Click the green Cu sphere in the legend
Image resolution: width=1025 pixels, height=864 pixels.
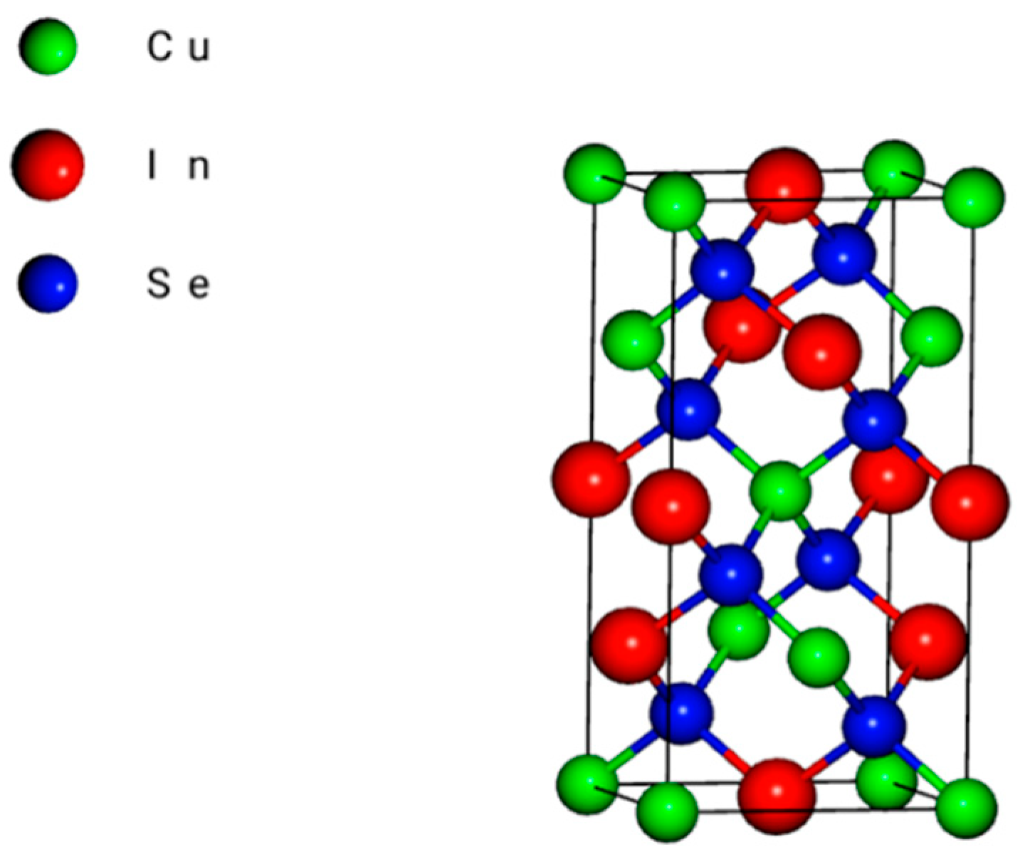click(x=48, y=47)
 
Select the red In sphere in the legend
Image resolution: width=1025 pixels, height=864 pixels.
click(x=48, y=165)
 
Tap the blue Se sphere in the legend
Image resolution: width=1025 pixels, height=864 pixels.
click(x=48, y=284)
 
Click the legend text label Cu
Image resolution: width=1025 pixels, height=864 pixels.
click(x=178, y=48)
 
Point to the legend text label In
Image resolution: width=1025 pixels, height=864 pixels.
click(x=178, y=166)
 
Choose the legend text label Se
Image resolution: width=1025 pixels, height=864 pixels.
click(x=178, y=285)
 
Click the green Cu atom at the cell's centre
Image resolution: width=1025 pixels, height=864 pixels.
click(x=781, y=490)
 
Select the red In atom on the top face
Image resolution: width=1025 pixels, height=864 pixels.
click(x=784, y=186)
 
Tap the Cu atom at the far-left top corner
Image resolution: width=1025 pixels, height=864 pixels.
click(x=595, y=174)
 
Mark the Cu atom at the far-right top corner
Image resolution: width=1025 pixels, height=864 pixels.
click(x=974, y=197)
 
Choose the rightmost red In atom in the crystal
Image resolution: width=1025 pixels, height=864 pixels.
click(x=969, y=502)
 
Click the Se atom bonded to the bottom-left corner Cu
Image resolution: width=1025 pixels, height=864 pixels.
click(x=682, y=713)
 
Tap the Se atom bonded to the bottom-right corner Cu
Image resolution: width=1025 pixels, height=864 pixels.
click(x=873, y=727)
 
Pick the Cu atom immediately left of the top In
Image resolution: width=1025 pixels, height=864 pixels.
click(x=675, y=203)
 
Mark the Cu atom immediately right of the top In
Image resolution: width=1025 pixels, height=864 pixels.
click(x=894, y=171)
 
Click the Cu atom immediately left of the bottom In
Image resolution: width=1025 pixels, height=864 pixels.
click(x=667, y=812)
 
